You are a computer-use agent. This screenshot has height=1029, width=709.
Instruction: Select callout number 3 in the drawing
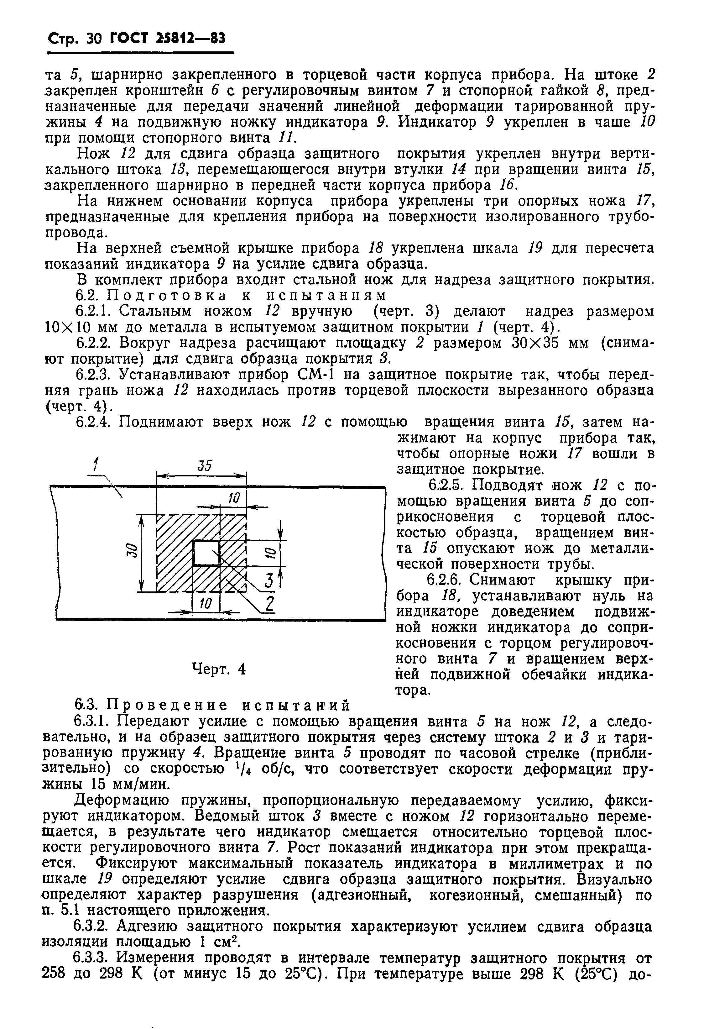coord(268,580)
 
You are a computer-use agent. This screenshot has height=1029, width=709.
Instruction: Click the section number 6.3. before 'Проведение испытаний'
coord(89,705)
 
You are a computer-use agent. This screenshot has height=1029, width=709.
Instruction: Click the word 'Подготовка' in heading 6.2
coord(168,296)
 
